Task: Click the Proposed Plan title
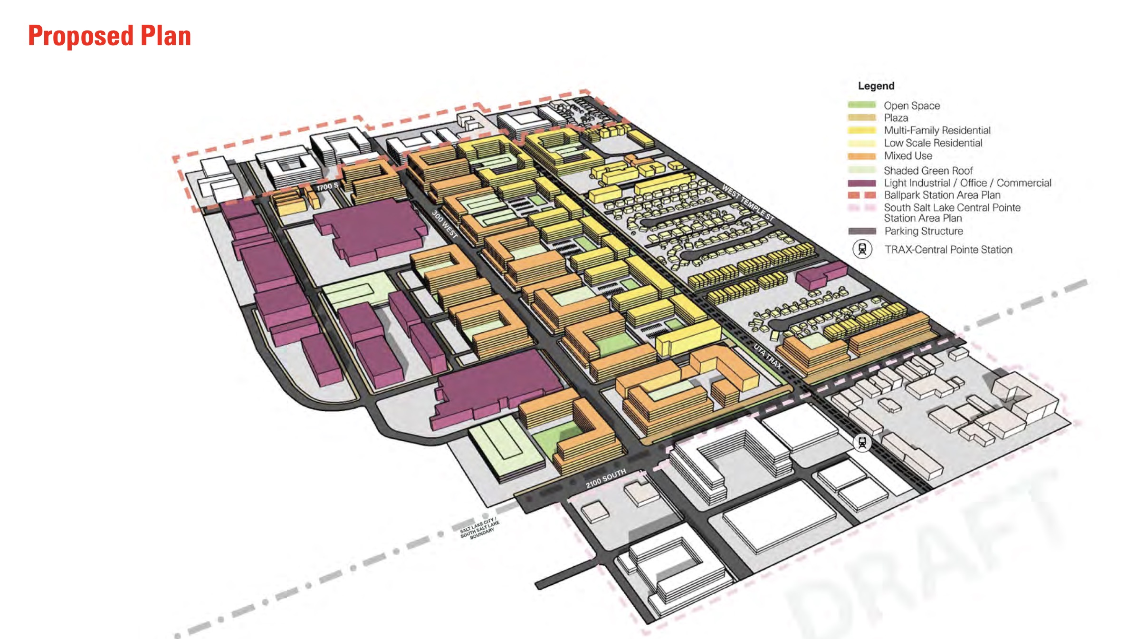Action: tap(110, 36)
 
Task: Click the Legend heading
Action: tap(876, 86)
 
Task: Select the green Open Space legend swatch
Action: tap(861, 105)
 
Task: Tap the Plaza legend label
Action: tap(896, 118)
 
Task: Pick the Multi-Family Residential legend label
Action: tap(937, 130)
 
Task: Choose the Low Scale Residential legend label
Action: tap(933, 143)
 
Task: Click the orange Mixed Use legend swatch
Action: tap(861, 156)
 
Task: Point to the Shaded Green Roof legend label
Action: tap(928, 171)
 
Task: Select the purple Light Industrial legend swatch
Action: tap(861, 183)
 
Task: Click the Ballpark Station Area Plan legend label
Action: tap(942, 195)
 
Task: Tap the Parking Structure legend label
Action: tap(923, 231)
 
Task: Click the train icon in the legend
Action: tap(862, 249)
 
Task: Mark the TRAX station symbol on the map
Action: tap(862, 443)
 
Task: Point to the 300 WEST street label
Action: tap(445, 224)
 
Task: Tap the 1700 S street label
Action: tap(327, 187)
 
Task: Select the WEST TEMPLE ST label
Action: tap(748, 203)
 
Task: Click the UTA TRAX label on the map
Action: tap(767, 357)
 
